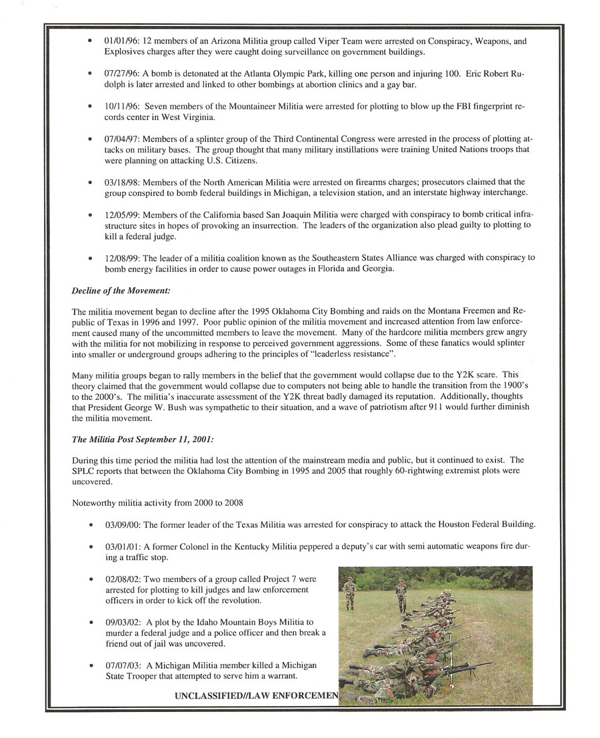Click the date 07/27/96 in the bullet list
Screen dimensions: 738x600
point(123,73)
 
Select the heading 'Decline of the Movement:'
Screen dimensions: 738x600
point(121,290)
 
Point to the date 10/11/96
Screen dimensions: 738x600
point(123,105)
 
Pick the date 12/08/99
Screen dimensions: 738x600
point(123,257)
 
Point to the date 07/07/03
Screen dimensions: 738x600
point(123,665)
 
